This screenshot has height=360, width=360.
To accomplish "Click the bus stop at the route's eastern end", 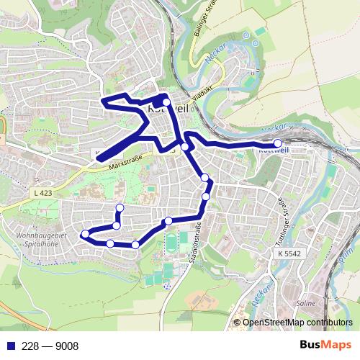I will (278, 143).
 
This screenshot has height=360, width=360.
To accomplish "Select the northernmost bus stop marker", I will (166, 102).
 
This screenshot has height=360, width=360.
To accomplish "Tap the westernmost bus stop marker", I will (85, 233).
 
